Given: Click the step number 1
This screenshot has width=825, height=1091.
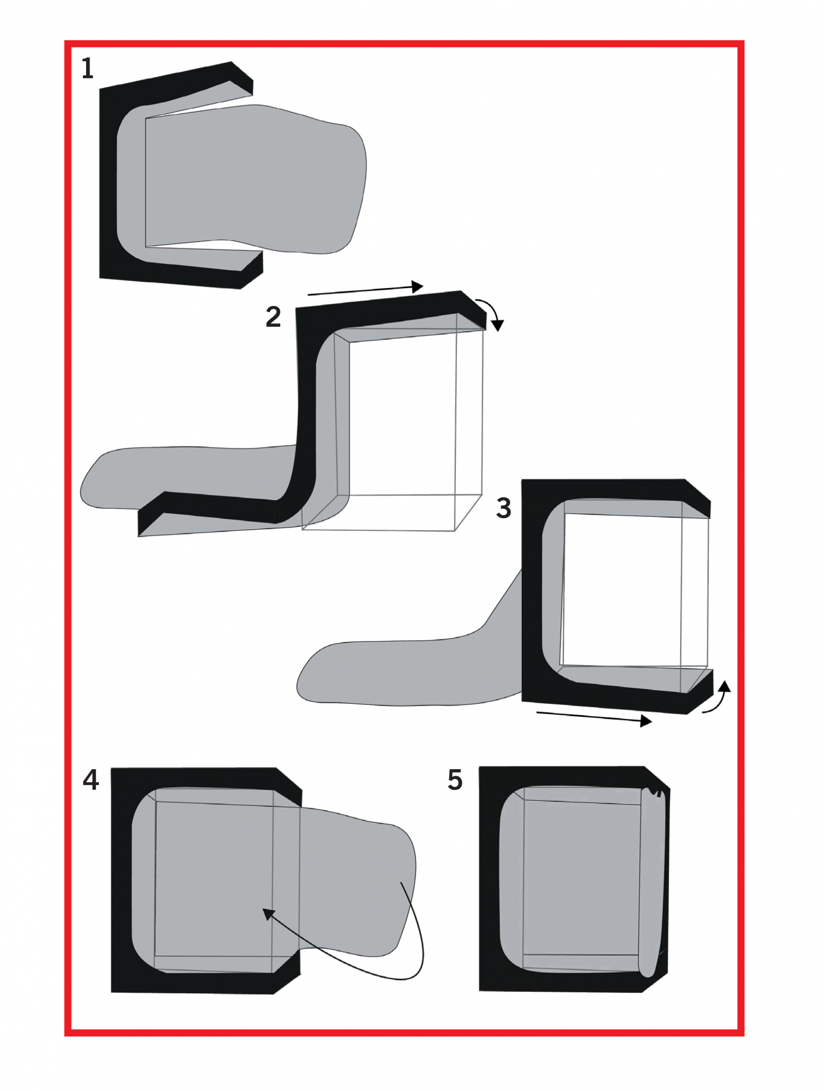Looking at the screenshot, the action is tap(87, 69).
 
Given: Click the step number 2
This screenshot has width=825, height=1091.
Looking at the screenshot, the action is tap(273, 317).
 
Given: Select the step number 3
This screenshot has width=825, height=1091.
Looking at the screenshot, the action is tap(503, 508).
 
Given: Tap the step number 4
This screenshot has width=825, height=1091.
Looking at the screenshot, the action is tap(91, 780).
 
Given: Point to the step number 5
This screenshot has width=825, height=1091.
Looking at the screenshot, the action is tap(455, 780).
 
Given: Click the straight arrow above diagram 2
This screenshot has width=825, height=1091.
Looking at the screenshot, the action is tap(365, 290).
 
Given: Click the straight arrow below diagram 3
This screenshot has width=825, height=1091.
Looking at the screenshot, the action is tap(594, 717).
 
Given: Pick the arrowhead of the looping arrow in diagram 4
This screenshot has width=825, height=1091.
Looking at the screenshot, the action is tap(268, 914).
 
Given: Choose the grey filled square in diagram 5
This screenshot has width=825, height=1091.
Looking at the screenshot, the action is tap(581, 878).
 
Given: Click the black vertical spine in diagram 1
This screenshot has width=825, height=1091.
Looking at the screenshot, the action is tap(108, 183).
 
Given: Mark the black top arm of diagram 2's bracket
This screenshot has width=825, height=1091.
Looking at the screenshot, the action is tap(390, 311).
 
